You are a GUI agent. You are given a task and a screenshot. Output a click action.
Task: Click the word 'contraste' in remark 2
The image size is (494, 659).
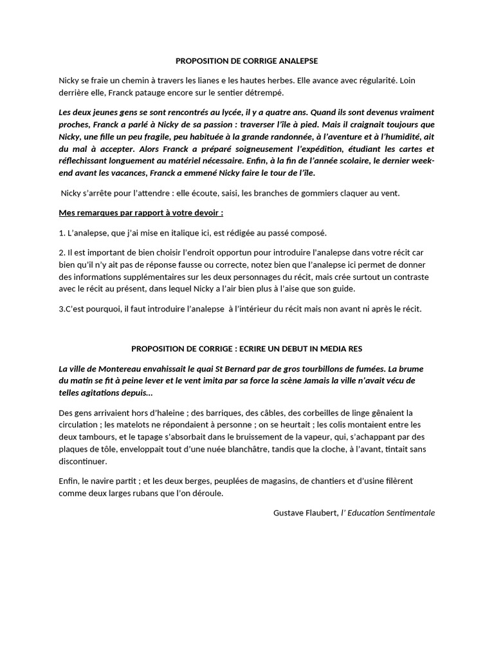pyautogui.click(x=409, y=276)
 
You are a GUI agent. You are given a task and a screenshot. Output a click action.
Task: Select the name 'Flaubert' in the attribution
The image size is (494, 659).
pyautogui.click(x=322, y=513)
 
